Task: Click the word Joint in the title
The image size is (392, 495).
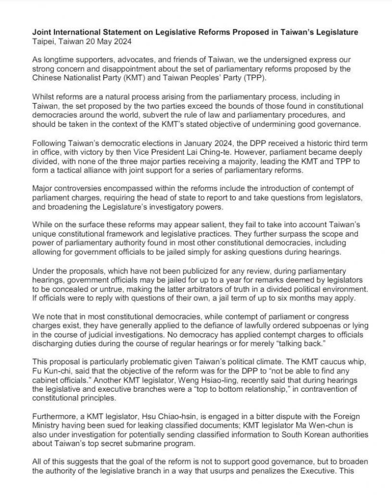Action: tap(42, 32)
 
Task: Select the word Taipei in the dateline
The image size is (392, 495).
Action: tap(43, 42)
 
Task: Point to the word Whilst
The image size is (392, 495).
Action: tap(44, 97)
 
